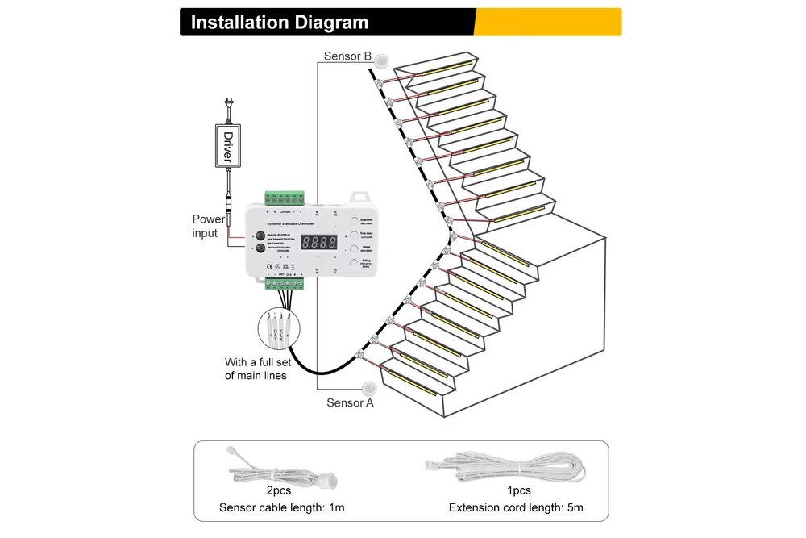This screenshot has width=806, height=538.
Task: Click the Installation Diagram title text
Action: pos(279,23)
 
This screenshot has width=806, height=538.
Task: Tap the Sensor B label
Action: pos(347,56)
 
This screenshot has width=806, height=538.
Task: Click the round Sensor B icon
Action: pos(380,59)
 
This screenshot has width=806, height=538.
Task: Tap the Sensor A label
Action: pos(350,402)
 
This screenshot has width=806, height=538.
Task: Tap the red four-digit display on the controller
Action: pos(319,241)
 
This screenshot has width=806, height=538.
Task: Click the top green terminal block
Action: pos(285,198)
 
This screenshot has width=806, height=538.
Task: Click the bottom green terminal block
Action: pos(286,283)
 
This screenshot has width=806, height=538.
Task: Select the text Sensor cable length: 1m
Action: pos(281,508)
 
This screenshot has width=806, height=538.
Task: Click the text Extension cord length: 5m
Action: pos(516,508)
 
